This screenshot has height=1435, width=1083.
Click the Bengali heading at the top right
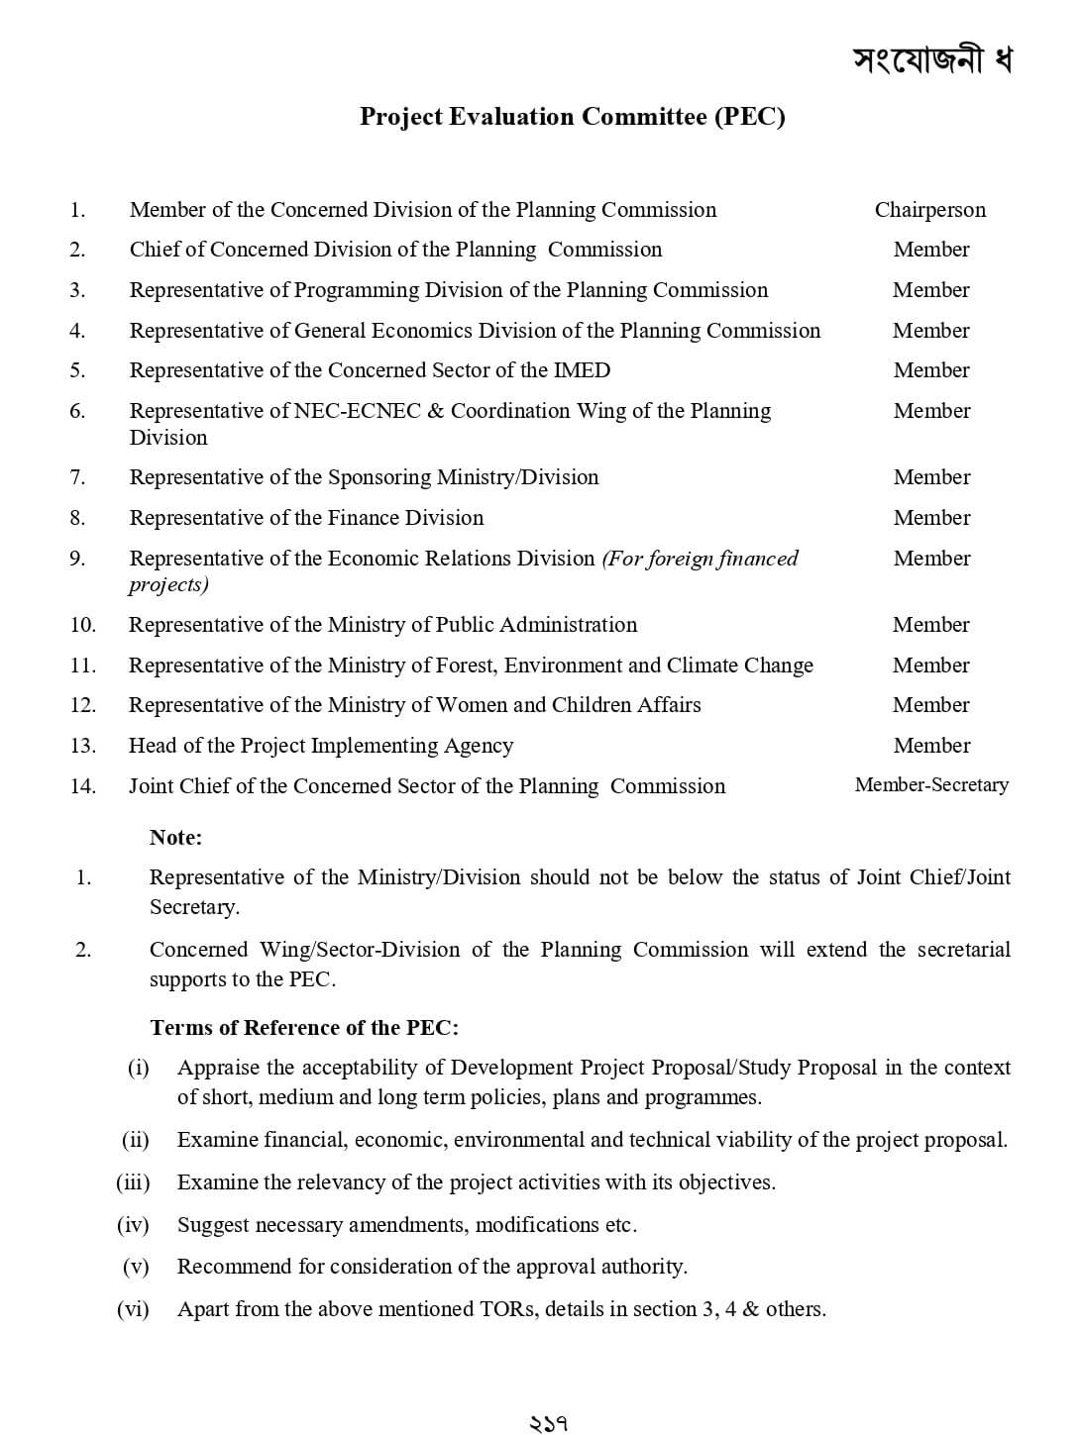[x=931, y=59]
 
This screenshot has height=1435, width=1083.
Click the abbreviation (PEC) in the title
[x=749, y=117]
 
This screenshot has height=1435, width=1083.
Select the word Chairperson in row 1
[x=930, y=210]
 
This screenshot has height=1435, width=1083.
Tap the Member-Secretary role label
[x=931, y=785]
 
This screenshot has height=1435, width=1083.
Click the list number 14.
[x=83, y=786]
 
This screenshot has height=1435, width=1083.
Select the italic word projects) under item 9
[x=168, y=584]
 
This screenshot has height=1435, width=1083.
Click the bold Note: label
[x=175, y=838]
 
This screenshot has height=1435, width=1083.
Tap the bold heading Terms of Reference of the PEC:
[x=304, y=1028]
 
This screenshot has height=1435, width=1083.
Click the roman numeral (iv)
[x=133, y=1225]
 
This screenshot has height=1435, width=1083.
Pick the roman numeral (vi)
[x=133, y=1309]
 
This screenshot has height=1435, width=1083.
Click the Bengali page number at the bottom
[x=548, y=1424]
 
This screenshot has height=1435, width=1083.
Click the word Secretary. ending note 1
[x=194, y=907]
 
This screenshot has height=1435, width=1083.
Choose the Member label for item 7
[x=931, y=477]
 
